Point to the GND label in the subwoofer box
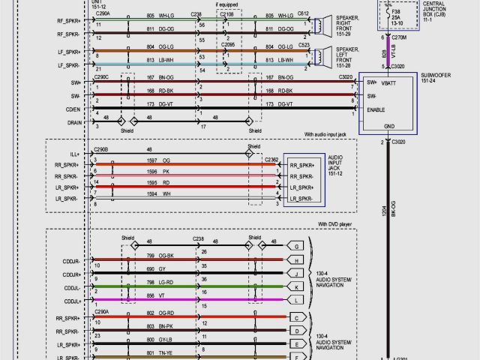[389, 126]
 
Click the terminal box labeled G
[298, 245]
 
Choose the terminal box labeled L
[298, 300]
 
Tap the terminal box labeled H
[298, 259]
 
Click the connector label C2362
[271, 159]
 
